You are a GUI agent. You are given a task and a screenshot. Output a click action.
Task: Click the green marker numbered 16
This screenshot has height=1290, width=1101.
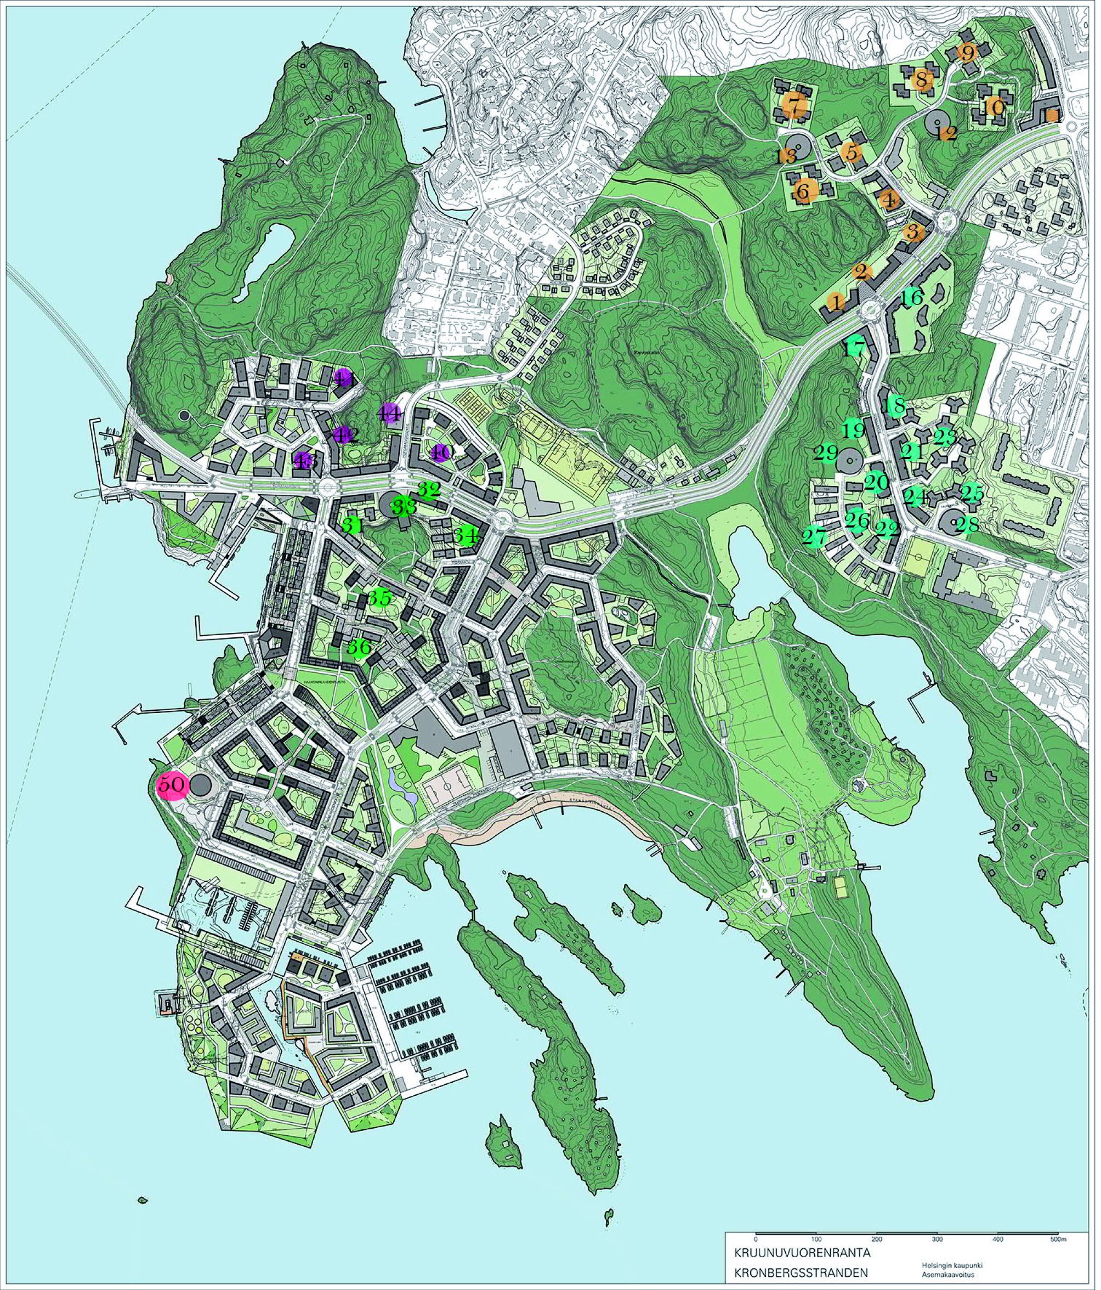[x=912, y=298]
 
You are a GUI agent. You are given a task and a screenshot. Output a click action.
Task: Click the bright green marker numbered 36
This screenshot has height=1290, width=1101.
[x=359, y=648]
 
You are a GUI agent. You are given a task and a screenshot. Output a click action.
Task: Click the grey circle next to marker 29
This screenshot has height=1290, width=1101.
[x=847, y=461]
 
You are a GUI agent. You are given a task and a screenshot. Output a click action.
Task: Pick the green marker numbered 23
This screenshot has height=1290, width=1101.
[x=945, y=437]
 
